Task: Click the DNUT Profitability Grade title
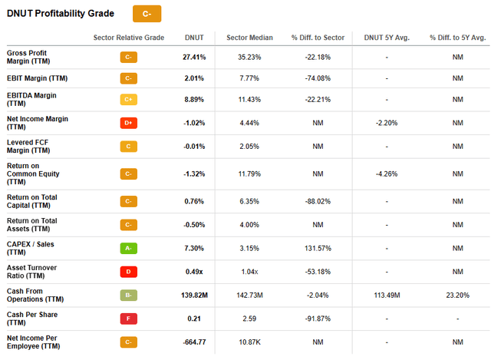click(x=61, y=14)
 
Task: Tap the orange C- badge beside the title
click(x=147, y=14)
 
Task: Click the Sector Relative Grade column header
click(x=129, y=38)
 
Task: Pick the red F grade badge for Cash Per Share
click(x=129, y=318)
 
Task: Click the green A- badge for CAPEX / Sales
click(x=129, y=249)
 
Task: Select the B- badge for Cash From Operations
click(x=129, y=296)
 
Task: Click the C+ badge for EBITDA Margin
click(x=129, y=99)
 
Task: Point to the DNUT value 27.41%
click(x=195, y=57)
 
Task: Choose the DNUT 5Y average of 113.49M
click(x=387, y=296)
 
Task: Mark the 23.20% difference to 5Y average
click(x=457, y=296)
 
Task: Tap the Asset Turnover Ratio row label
click(x=32, y=272)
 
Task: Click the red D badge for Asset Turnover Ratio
click(x=129, y=272)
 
